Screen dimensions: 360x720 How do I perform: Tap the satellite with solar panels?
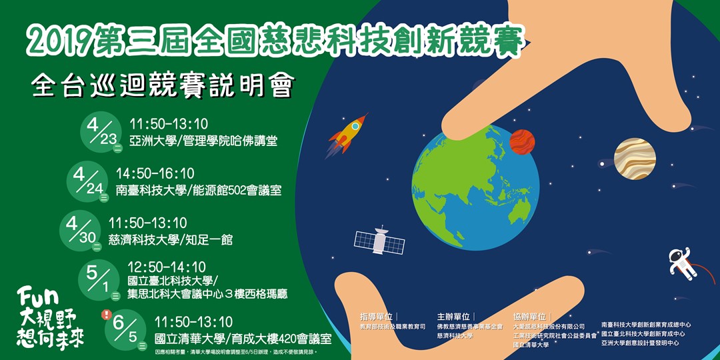378,240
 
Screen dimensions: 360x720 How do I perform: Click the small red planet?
522,141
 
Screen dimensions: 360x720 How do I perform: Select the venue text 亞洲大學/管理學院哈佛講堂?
203,141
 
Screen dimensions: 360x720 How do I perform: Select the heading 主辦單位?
453,317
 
